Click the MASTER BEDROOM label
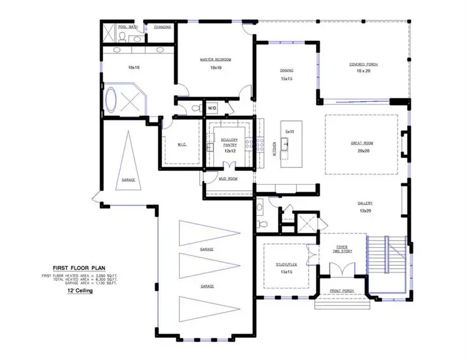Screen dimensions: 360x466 (215, 59)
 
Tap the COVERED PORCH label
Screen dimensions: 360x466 (363, 64)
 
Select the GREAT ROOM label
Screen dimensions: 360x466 (362, 143)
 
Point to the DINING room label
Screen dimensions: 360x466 (287, 70)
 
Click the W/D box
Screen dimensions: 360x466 (212, 109)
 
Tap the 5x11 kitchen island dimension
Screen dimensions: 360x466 (290, 131)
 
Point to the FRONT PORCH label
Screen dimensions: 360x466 (341, 292)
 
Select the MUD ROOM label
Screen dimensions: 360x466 (229, 179)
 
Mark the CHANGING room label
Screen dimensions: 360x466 (162, 27)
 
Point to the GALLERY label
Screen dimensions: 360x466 (366, 203)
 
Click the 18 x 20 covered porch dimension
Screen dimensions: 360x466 (364, 71)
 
